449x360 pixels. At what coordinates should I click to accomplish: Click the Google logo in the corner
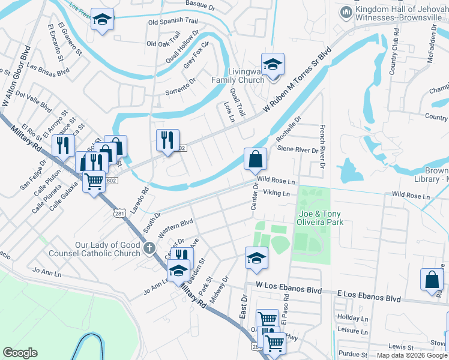tap(20, 353)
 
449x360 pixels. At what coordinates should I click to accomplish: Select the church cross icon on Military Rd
tap(149, 247)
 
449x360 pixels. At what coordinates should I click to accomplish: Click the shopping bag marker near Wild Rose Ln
tap(255, 160)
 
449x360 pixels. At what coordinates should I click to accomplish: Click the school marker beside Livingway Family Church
tap(273, 65)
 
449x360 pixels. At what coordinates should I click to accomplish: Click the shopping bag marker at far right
tap(432, 280)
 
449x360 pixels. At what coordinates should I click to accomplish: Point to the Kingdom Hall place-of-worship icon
tap(346, 13)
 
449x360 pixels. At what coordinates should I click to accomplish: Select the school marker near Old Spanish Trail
tap(103, 20)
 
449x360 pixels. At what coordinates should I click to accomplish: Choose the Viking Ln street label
tap(277, 194)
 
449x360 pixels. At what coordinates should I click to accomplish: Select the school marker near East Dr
tap(256, 258)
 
